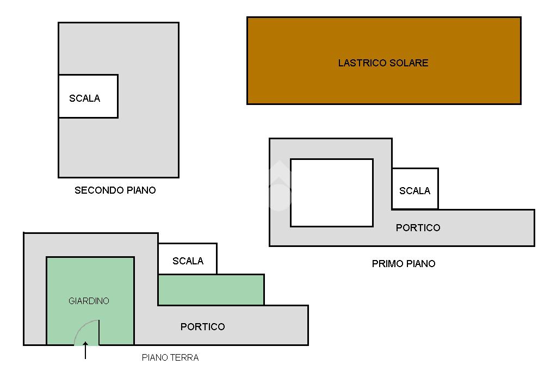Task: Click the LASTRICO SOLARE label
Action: [383, 63]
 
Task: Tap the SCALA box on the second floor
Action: [88, 96]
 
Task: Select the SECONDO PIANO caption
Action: [115, 190]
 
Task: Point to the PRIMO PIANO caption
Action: [404, 264]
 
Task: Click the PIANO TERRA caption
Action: [170, 357]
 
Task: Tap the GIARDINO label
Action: [89, 301]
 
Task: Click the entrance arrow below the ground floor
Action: [85, 350]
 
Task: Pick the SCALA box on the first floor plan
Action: [415, 189]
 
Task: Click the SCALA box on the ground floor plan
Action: [188, 259]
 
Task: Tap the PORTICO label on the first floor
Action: [418, 228]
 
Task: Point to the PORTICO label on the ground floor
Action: [203, 326]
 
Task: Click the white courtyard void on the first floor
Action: [332, 193]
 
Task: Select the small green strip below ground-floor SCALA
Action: [211, 289]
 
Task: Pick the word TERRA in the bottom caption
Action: [184, 357]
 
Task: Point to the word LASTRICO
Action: [362, 63]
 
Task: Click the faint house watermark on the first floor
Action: [280, 185]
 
